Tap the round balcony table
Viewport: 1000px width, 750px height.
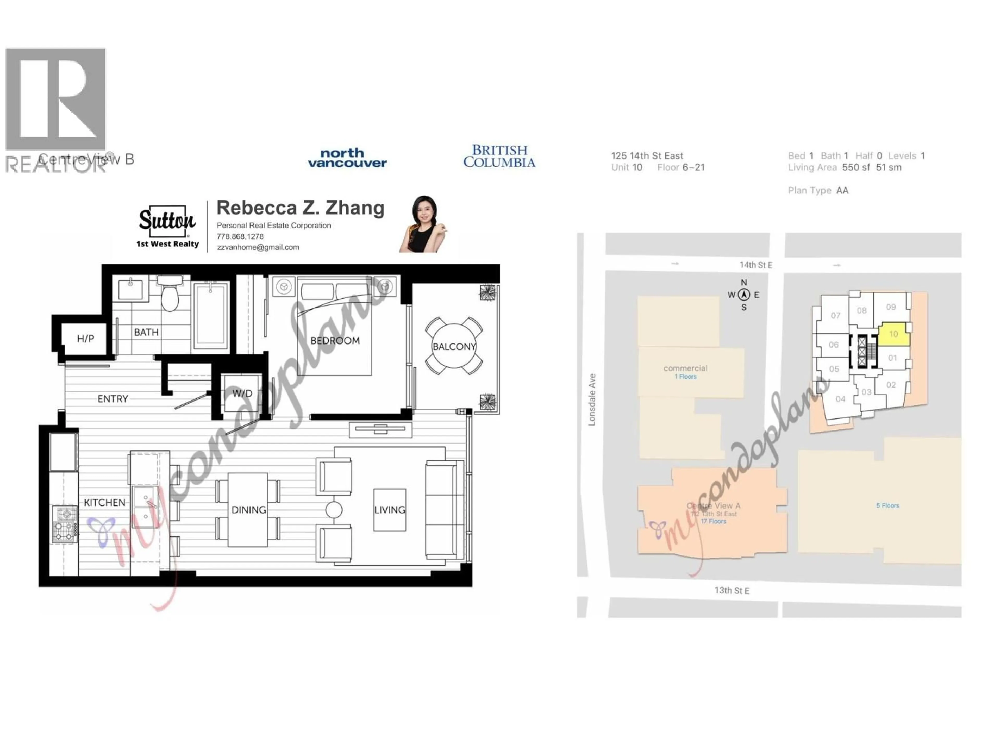454,346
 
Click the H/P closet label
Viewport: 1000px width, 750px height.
85,339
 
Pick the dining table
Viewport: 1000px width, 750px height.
248,509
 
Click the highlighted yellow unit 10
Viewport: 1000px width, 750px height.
893,335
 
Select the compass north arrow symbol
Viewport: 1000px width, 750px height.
744,295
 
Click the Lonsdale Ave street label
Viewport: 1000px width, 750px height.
592,400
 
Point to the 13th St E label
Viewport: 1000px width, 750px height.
732,590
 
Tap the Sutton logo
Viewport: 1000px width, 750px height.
167,222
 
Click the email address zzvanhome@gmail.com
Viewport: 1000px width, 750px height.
258,247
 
